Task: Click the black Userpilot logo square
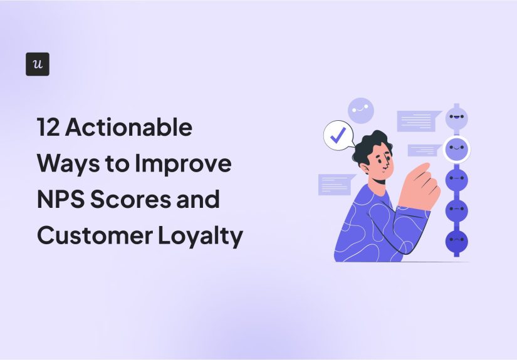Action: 38,64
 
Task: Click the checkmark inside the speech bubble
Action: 338,136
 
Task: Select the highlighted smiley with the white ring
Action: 457,149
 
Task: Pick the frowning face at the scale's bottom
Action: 457,239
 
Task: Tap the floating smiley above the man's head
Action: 361,110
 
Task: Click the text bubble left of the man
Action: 336,184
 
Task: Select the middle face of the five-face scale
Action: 457,179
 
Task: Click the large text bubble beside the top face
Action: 418,120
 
